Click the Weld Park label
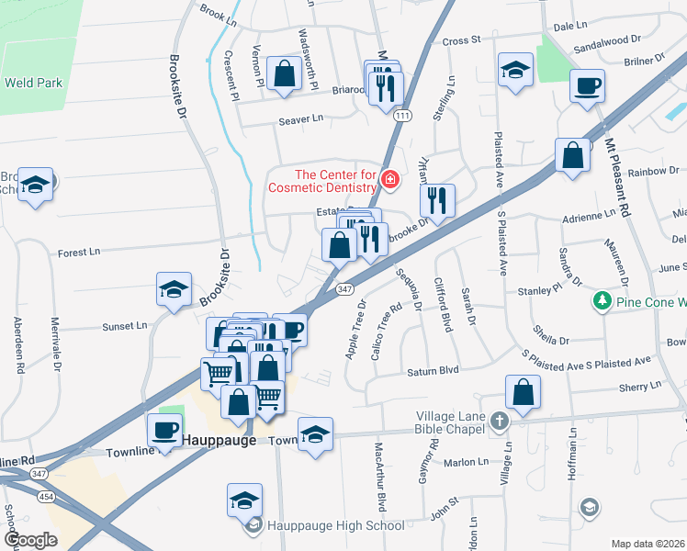(33, 83)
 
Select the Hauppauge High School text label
(335, 525)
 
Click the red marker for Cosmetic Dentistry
(390, 178)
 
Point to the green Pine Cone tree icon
(602, 301)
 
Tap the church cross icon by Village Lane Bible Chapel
(499, 422)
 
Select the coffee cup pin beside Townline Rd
(165, 430)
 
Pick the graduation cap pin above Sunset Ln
(174, 290)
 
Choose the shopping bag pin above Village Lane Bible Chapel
(522, 391)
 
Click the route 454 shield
(43, 496)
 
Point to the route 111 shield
(402, 115)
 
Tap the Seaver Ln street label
(301, 118)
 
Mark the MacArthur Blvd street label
(377, 478)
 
